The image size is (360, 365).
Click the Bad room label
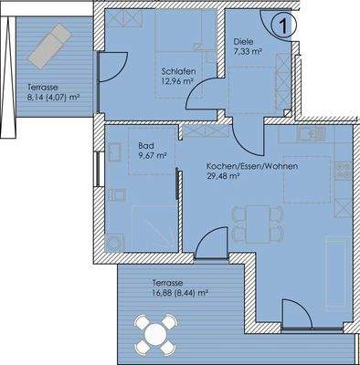point(144,145)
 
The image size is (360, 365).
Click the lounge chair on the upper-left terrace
point(48,47)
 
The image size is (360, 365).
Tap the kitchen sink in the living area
point(312,134)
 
